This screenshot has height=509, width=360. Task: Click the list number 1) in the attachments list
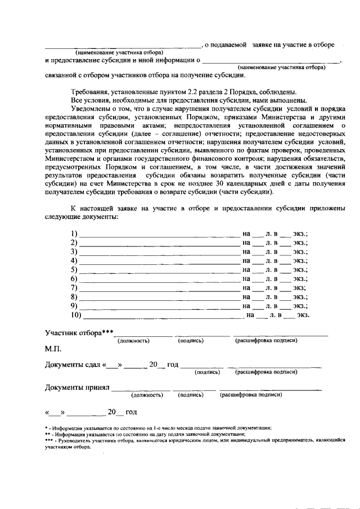pos(73,233)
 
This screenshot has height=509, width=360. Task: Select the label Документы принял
pos(77,387)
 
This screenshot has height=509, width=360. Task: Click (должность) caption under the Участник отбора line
pos(133,341)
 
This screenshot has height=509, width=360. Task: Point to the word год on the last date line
pos(131,412)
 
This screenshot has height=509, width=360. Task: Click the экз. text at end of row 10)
pos(304,315)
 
